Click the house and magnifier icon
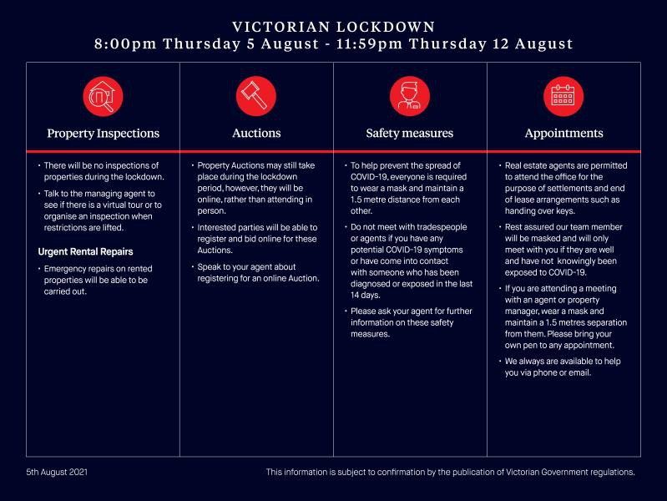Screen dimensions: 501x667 tap(103, 97)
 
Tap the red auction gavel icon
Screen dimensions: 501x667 tap(256, 97)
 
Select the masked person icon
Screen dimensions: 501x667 tap(410, 97)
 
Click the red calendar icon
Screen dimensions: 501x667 tap(563, 97)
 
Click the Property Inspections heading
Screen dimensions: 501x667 tap(103, 133)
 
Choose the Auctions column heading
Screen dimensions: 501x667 tap(256, 133)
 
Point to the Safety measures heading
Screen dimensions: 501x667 tap(410, 133)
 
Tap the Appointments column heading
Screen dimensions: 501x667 tap(563, 133)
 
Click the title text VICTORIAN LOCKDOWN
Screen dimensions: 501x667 tap(333, 28)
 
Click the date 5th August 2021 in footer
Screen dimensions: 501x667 tap(57, 472)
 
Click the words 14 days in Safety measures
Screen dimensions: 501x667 tap(366, 296)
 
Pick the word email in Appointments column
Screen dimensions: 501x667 tap(580, 372)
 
